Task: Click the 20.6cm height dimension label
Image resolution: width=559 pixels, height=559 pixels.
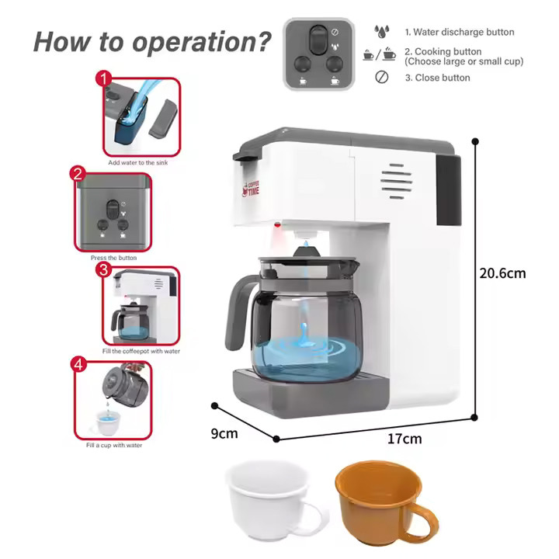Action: click(x=502, y=273)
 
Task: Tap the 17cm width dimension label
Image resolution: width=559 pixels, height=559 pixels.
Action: click(x=404, y=439)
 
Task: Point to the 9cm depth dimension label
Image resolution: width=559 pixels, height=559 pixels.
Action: click(x=224, y=433)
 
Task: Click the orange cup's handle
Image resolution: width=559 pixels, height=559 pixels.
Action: click(x=422, y=522)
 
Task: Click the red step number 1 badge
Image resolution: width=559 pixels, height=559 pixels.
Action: click(x=104, y=78)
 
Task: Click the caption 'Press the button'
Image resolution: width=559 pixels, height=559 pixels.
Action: click(x=113, y=258)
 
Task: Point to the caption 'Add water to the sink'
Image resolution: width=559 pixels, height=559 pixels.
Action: click(x=137, y=162)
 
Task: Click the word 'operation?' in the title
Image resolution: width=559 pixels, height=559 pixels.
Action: click(x=201, y=43)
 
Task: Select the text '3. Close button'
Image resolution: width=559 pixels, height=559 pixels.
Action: click(x=437, y=78)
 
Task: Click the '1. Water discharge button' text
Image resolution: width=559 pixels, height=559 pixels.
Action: click(x=460, y=32)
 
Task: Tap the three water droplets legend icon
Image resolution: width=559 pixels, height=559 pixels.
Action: click(x=381, y=31)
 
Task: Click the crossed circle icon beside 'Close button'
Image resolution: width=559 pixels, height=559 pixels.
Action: click(x=382, y=77)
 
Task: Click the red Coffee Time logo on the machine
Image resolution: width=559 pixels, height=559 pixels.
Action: click(x=251, y=188)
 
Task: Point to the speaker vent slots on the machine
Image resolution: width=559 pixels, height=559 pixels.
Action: click(x=397, y=181)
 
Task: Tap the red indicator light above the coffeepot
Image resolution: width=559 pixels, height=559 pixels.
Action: click(x=277, y=224)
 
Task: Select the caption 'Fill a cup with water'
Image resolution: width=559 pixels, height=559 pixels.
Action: click(x=114, y=446)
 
